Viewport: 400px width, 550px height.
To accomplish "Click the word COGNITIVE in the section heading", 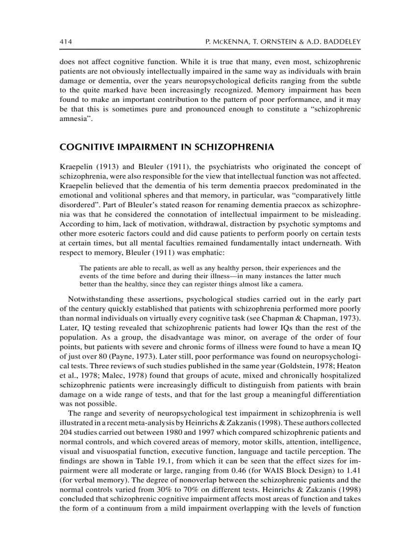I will point(83,147).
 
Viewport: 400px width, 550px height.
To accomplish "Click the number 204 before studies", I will point(66,432).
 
